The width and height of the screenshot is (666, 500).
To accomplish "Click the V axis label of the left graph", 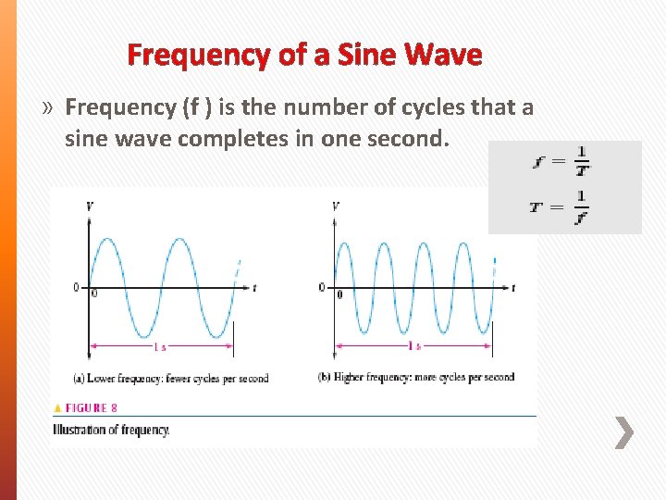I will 88,206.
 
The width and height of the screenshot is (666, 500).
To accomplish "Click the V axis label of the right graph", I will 335,206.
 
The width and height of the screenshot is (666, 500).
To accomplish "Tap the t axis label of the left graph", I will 254,288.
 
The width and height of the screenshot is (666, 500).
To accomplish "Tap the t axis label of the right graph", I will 512,288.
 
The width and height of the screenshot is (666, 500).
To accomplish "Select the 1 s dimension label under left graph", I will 161,346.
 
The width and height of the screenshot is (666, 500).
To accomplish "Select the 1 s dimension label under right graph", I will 414,346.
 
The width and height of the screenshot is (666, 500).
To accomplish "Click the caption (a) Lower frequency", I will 169,378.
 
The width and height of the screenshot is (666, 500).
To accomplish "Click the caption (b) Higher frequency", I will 415,377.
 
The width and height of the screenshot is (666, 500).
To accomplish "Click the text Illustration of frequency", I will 111,430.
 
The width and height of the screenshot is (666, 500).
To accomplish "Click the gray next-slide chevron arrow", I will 624,432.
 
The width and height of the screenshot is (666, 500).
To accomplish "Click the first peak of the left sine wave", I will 106,240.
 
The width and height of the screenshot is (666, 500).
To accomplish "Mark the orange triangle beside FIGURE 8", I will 58,407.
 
